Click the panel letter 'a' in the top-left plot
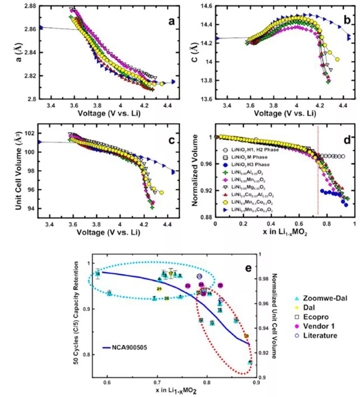point(171,22)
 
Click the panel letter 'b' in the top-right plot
point(347,20)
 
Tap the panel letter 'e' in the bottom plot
point(248,268)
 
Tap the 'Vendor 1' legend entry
point(319,326)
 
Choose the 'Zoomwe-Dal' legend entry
point(325,298)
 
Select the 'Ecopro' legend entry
point(316,317)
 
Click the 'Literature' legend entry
point(320,335)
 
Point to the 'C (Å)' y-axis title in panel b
point(195,52)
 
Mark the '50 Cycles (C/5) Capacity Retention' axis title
point(76,313)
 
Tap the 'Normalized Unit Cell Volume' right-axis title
point(274,316)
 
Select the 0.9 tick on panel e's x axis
point(256,382)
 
